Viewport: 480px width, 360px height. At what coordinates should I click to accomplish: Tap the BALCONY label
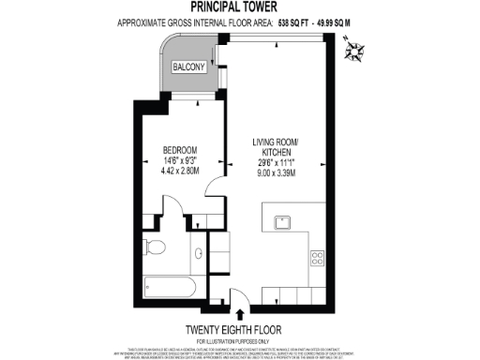pyautogui.click(x=189, y=67)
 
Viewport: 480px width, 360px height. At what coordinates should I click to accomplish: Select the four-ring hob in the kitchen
pyautogui.click(x=317, y=257)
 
